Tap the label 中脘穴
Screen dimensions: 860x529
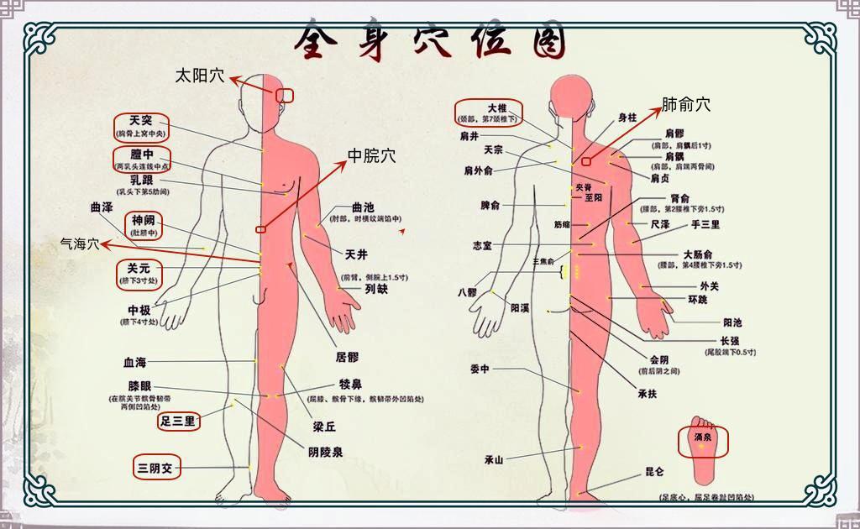coord(372,155)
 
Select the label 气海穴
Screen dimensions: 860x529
coord(80,244)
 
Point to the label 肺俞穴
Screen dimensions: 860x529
coord(686,105)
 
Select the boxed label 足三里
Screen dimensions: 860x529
coord(178,421)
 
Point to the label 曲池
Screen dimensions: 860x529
coord(363,207)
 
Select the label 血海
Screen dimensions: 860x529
coord(134,363)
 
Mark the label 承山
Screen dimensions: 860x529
coord(493,459)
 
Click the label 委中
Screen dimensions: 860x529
coord(480,369)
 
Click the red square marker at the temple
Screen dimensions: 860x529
coord(285,96)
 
